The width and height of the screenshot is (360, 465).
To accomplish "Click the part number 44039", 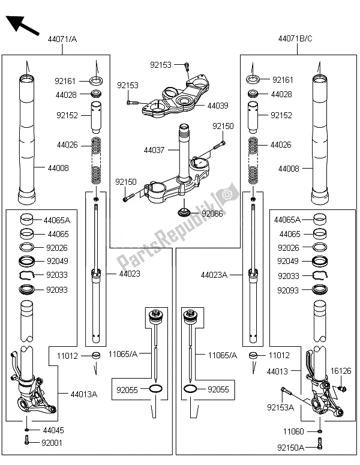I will coord(217,105).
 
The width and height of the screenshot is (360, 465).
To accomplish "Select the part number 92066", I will coord(212,213).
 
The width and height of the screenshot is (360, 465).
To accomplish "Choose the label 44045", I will coord(52,430).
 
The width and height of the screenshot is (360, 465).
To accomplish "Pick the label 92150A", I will coord(291,447).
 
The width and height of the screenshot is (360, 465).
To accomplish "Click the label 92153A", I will coord(280,407).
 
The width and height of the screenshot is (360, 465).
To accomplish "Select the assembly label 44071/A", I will coord(62,40).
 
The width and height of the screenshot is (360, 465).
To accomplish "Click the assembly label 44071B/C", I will coord(295,40).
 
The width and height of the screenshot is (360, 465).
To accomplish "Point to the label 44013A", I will coord(84,394).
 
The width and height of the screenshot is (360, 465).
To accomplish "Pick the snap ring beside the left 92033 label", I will coord(28,275).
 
